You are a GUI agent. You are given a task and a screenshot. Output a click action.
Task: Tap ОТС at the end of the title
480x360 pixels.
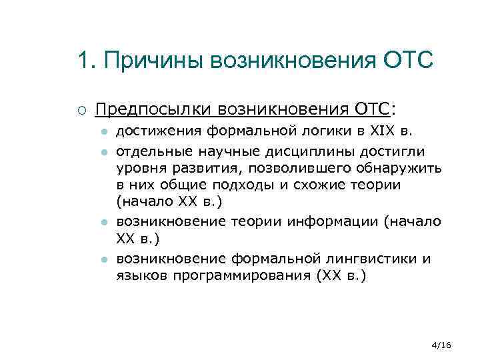pyautogui.click(x=409, y=61)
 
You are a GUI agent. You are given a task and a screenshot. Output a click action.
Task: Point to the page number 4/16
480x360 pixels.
pyautogui.click(x=441, y=345)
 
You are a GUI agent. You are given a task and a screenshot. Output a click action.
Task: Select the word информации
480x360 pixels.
pyautogui.click(x=333, y=221)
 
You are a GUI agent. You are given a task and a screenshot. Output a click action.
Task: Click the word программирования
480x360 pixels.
pyautogui.click(x=234, y=274)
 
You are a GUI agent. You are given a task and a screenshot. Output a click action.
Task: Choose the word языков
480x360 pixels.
pyautogui.click(x=139, y=274)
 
